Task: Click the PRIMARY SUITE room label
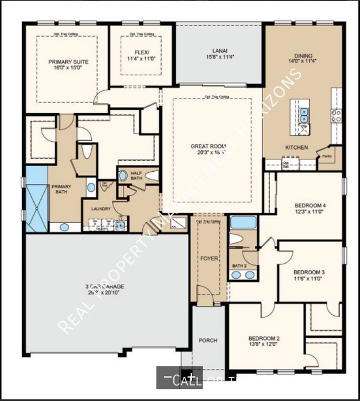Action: point(69,62)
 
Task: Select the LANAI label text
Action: point(218,50)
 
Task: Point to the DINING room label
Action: point(304,55)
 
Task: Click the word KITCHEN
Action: point(296,148)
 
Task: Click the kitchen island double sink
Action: point(304,115)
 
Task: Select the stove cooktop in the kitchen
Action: point(336,115)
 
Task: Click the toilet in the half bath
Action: point(151,176)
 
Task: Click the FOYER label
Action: point(209,259)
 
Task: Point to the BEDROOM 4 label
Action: point(310,205)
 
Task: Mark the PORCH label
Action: point(208,340)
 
